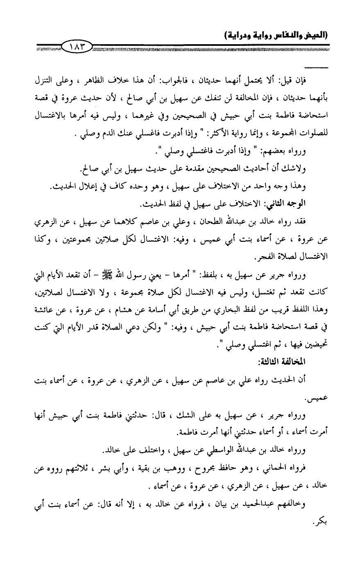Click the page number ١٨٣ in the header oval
click(x=77, y=45)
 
